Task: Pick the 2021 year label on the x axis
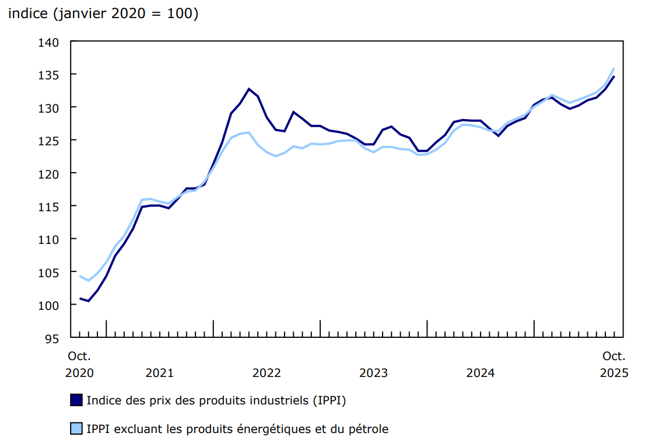coord(160,372)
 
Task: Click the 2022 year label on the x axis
coord(267,372)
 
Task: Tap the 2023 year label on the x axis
coord(374,372)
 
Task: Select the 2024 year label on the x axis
coord(481,372)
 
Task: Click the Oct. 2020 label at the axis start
coord(79,364)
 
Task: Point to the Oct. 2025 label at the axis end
coord(614,364)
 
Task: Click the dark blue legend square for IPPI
coord(76,400)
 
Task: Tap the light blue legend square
coord(76,429)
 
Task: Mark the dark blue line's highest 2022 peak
coord(249,89)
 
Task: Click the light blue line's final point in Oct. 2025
coord(614,68)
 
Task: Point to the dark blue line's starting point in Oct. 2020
coord(80,299)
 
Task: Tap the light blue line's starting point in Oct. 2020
coord(80,276)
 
